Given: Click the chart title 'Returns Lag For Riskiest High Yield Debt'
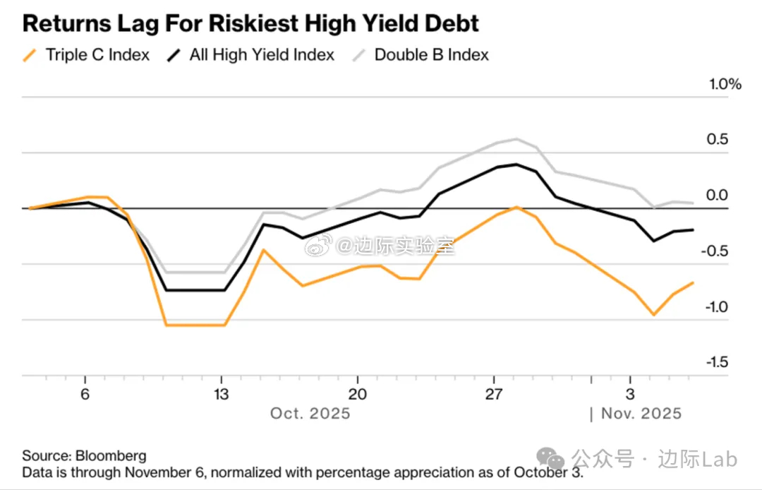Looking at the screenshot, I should [250, 23].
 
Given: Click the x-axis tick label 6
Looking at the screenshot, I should [85, 394].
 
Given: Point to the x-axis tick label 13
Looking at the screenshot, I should [221, 394].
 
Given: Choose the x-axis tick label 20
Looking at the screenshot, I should [358, 394].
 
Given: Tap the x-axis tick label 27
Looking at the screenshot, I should [494, 394].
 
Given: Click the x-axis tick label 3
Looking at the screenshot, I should [630, 394].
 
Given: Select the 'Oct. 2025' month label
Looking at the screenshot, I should [310, 414].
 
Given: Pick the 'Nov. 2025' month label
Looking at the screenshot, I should [641, 414].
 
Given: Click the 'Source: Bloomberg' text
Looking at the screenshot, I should [84, 456].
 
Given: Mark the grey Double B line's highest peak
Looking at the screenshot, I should [517, 138].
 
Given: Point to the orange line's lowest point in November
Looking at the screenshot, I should [654, 315].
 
